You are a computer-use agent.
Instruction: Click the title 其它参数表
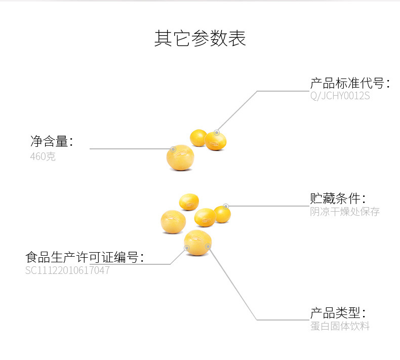pyautogui.click(x=200, y=39)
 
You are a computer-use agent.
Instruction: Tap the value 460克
pyautogui.click(x=43, y=156)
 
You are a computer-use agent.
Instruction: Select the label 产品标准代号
pyautogui.click(x=350, y=84)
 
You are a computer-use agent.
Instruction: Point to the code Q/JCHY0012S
pyautogui.click(x=340, y=96)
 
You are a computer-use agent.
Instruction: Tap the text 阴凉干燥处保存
pyautogui.click(x=345, y=212)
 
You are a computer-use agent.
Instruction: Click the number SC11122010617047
pyautogui.click(x=67, y=270)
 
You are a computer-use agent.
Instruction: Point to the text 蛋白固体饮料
pyautogui.click(x=340, y=326)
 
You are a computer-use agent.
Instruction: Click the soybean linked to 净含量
pyautogui.click(x=180, y=158)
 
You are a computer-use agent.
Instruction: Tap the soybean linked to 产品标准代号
pyautogui.click(x=216, y=140)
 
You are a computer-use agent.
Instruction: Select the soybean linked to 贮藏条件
pyautogui.click(x=222, y=214)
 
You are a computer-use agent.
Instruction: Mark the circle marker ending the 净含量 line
pyautogui.click(x=173, y=149)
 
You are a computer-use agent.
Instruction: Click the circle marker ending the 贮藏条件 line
pyautogui.click(x=226, y=206)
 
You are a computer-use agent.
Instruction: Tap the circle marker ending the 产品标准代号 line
pyautogui.click(x=216, y=132)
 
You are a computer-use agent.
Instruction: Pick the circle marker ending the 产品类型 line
pyautogui.click(x=208, y=246)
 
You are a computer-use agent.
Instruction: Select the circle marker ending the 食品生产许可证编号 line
pyautogui.click(x=187, y=248)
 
